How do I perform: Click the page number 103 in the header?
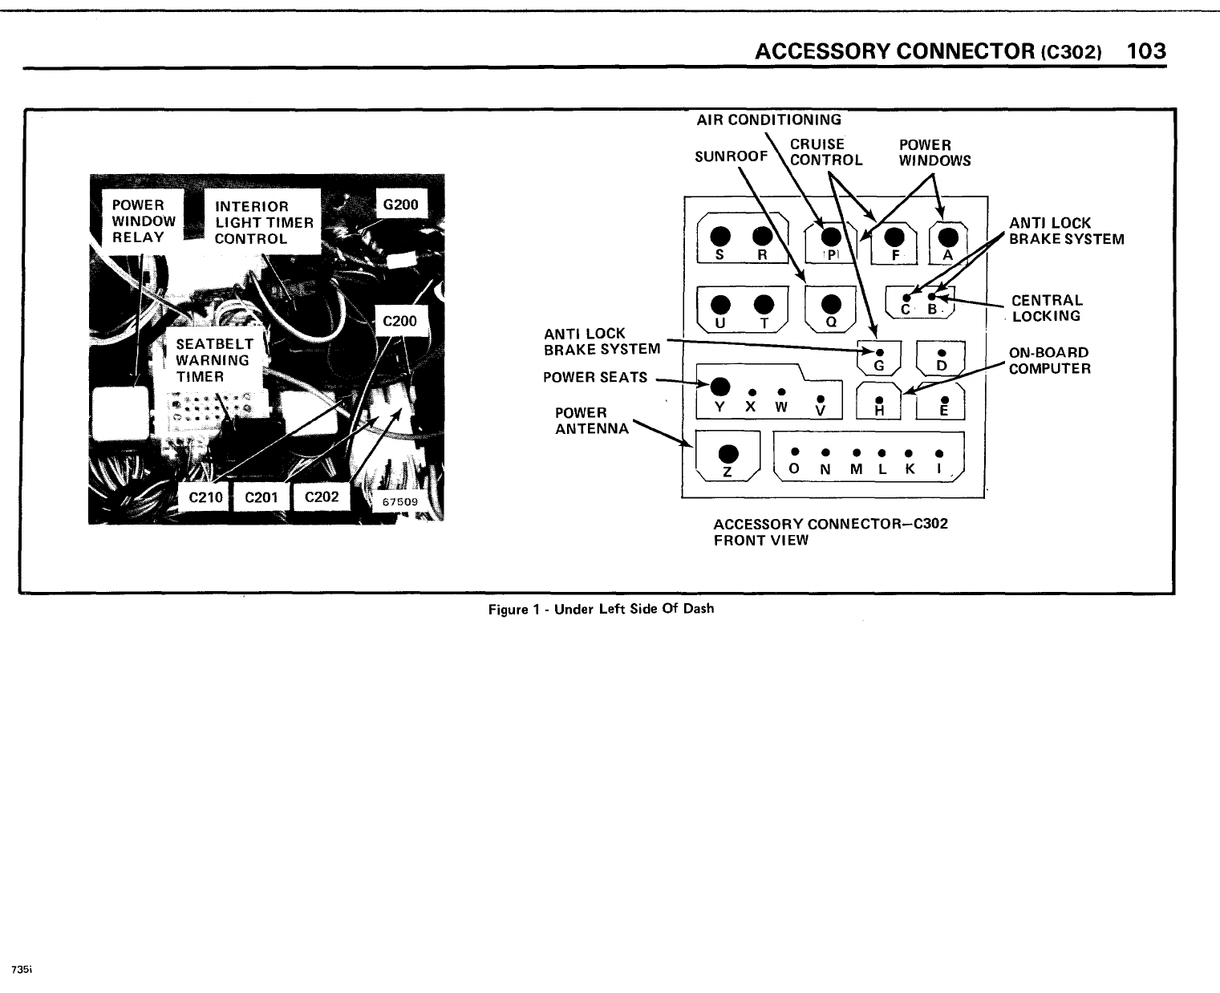pyautogui.click(x=1145, y=51)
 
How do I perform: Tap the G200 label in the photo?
pyautogui.click(x=401, y=205)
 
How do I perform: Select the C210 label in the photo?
pyautogui.click(x=203, y=497)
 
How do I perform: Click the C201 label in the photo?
pyautogui.click(x=260, y=497)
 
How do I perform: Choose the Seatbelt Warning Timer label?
pyautogui.click(x=213, y=360)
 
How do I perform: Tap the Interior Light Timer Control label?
pyautogui.click(x=263, y=222)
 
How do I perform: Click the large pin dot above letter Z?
pyautogui.click(x=728, y=452)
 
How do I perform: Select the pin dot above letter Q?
pyautogui.click(x=832, y=303)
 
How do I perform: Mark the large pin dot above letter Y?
pyautogui.click(x=720, y=384)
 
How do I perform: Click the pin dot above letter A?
pyautogui.click(x=948, y=237)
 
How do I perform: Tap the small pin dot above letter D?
pyautogui.click(x=942, y=352)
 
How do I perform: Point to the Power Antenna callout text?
pyautogui.click(x=592, y=420)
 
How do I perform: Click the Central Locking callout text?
pyautogui.click(x=1046, y=308)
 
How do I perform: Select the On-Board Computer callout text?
pyautogui.click(x=1049, y=361)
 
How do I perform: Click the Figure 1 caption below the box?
pyautogui.click(x=601, y=609)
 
